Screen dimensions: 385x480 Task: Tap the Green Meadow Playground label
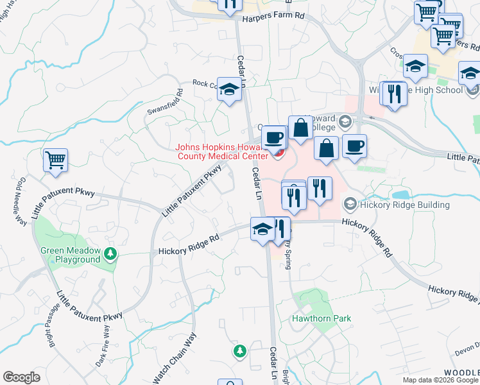(x=70, y=255)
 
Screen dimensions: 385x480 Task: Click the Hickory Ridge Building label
(x=405, y=205)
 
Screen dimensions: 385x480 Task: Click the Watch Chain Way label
(x=182, y=358)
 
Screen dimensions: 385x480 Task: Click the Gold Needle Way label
(x=19, y=201)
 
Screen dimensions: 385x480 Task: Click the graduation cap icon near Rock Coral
(x=228, y=89)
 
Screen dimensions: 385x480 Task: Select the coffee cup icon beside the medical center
(x=273, y=137)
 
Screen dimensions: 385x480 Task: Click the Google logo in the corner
(x=21, y=377)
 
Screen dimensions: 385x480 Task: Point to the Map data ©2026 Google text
(x=440, y=380)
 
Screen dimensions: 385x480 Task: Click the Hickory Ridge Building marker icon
(x=350, y=204)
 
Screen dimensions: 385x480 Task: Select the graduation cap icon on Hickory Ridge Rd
(x=262, y=229)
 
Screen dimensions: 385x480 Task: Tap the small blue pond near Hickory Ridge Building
(x=401, y=194)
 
